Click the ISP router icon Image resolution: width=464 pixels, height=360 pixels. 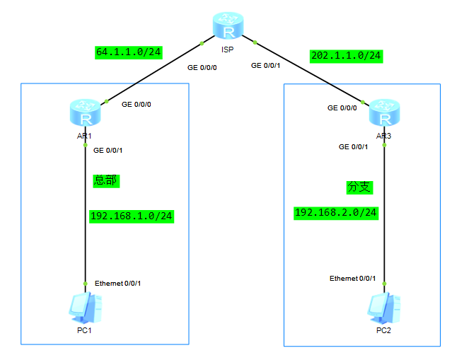pyautogui.click(x=228, y=29)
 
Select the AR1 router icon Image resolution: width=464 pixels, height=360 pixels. pyautogui.click(x=86, y=113)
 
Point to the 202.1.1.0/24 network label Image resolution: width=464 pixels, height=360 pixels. pyautogui.click(x=346, y=55)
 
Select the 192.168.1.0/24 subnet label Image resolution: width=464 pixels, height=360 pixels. pyautogui.click(x=132, y=216)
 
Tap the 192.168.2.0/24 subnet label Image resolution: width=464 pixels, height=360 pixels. pyautogui.click(x=336, y=212)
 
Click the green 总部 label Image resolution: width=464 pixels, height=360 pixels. pyautogui.click(x=106, y=180)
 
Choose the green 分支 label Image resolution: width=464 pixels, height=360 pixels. pyautogui.click(x=359, y=187)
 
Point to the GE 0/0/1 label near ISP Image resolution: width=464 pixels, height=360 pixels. pyautogui.click(x=266, y=66)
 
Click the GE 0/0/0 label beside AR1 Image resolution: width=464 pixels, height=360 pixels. pyautogui.click(x=137, y=104)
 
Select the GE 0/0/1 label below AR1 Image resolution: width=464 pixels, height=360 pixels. pyautogui.click(x=108, y=150)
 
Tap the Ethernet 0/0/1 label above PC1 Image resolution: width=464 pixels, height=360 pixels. pyautogui.click(x=118, y=284)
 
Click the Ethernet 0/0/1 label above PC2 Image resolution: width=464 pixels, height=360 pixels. pyautogui.click(x=352, y=279)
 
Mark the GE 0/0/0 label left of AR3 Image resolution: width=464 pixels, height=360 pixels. pyautogui.click(x=342, y=108)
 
